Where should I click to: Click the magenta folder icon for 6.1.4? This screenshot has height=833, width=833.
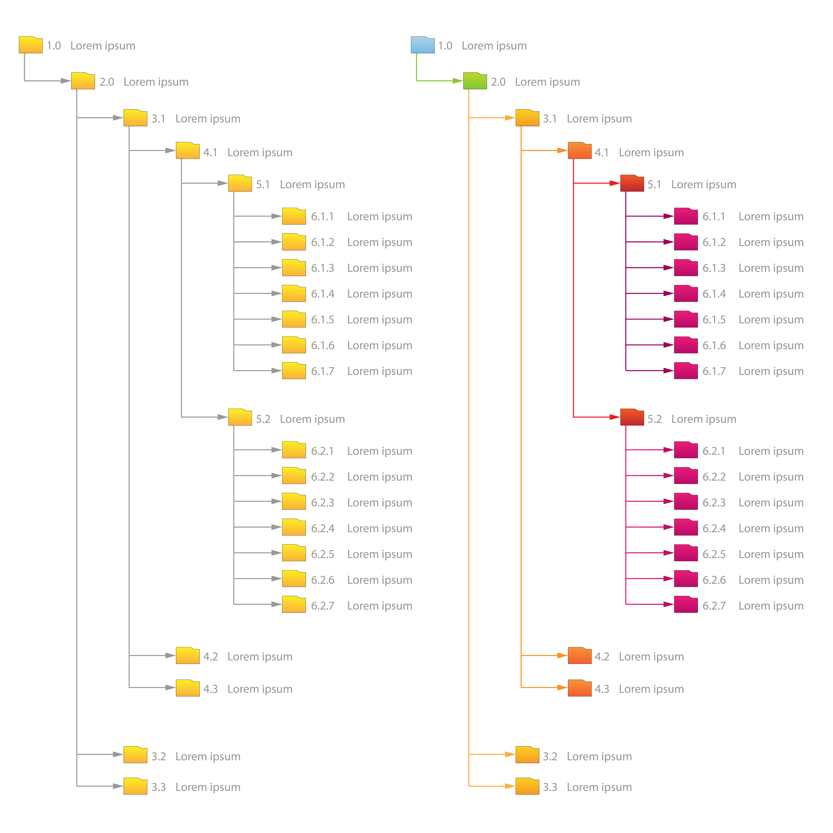[x=686, y=294]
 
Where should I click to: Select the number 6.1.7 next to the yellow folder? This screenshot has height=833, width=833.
[x=323, y=371]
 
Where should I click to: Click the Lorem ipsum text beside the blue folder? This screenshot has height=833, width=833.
[x=494, y=46]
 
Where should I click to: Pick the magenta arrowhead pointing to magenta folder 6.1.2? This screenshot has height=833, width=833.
[x=668, y=242]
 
